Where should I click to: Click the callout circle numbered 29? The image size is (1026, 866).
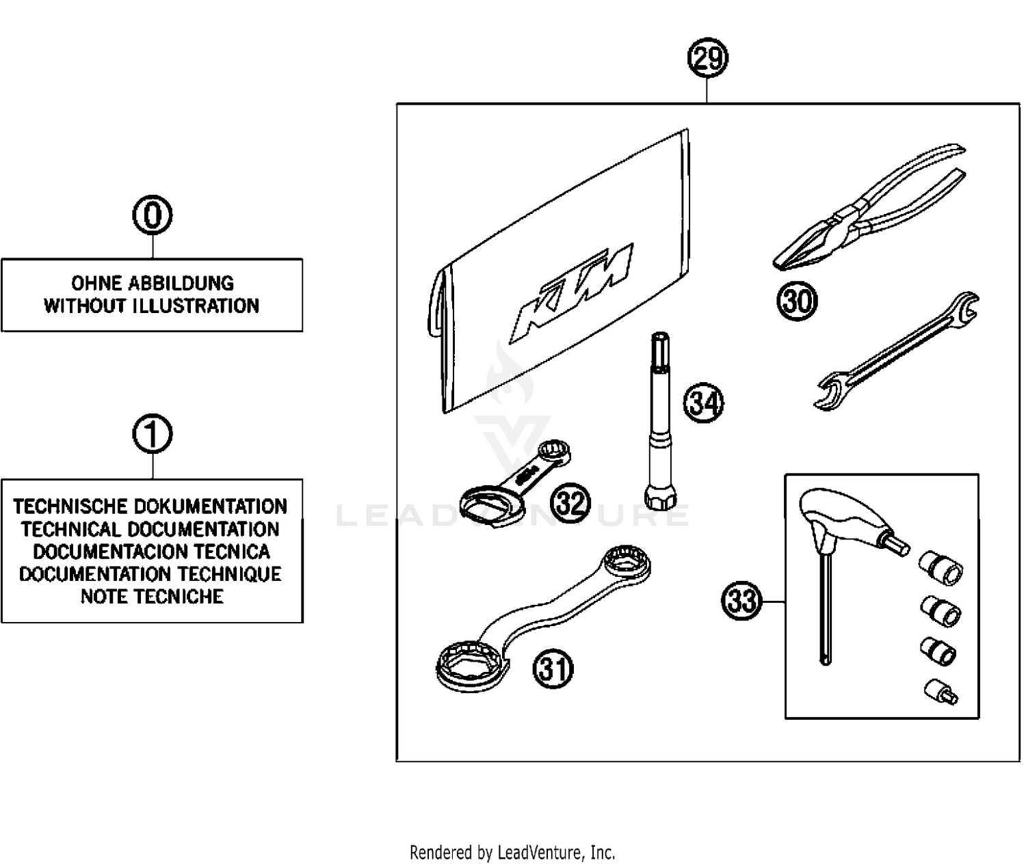tap(707, 58)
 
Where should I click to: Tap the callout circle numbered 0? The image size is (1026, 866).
tap(152, 215)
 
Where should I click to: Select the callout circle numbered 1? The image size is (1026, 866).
tap(152, 434)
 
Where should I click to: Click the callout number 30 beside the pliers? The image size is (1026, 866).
tap(797, 301)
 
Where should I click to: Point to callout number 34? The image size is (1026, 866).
tap(703, 403)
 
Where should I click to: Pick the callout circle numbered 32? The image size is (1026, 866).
tap(570, 503)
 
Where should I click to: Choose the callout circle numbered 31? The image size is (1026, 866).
tap(553, 668)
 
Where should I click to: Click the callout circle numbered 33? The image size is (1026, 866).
tap(741, 601)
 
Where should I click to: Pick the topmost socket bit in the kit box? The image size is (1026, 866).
tap(941, 567)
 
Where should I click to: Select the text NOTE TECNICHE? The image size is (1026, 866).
tap(152, 597)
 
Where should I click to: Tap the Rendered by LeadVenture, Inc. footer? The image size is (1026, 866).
tap(512, 852)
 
